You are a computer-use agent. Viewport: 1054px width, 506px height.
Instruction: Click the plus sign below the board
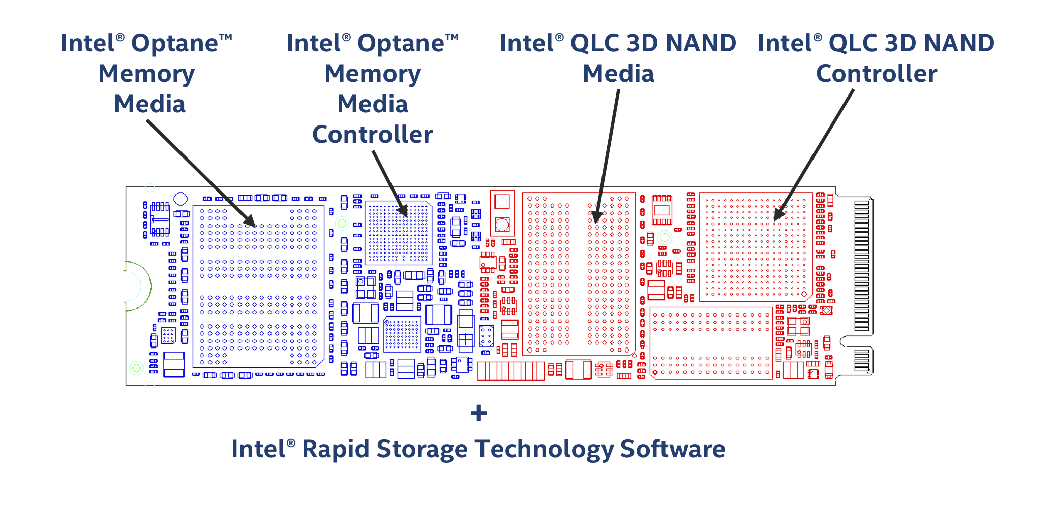478,413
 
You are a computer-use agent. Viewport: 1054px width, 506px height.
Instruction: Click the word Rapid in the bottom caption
335,450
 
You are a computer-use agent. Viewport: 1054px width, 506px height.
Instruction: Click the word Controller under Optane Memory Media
372,135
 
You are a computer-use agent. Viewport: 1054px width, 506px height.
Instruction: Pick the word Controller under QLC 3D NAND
877,74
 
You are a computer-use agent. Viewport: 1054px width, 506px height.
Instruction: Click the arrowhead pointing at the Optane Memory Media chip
249,220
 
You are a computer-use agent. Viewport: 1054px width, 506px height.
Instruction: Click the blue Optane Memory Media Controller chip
399,233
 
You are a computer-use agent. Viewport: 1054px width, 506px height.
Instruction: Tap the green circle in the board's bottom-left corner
136,368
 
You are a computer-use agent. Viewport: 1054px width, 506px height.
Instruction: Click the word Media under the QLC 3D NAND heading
618,74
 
